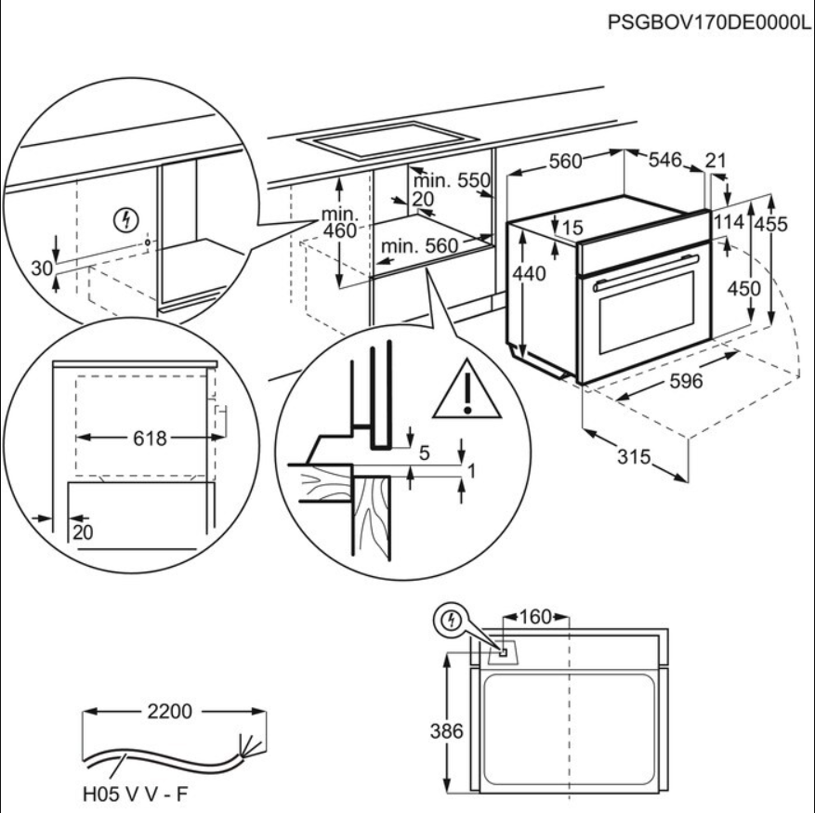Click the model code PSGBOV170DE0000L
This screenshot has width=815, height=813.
(709, 22)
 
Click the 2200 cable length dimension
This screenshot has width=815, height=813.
(170, 711)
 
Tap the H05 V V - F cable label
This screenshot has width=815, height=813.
(135, 794)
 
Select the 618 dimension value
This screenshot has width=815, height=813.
(151, 439)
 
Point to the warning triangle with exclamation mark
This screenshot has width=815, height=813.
(467, 390)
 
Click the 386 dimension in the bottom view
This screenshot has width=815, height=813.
(446, 731)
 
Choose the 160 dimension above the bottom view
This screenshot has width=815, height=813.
(535, 617)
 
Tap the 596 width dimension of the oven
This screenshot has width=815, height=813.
(686, 381)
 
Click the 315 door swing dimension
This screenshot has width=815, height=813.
(634, 456)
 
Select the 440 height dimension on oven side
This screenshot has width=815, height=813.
(529, 273)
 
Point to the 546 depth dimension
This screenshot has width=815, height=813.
(665, 160)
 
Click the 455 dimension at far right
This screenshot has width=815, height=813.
(771, 224)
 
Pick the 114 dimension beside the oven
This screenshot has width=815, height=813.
(729, 222)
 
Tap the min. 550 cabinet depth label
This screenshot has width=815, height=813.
(452, 180)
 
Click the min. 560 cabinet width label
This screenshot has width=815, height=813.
(420, 245)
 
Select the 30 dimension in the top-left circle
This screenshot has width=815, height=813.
(42, 269)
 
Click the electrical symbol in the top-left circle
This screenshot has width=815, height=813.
(125, 220)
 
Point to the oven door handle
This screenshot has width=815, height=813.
(647, 271)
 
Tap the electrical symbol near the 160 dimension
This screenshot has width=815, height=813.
(451, 620)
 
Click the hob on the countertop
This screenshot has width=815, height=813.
(388, 139)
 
